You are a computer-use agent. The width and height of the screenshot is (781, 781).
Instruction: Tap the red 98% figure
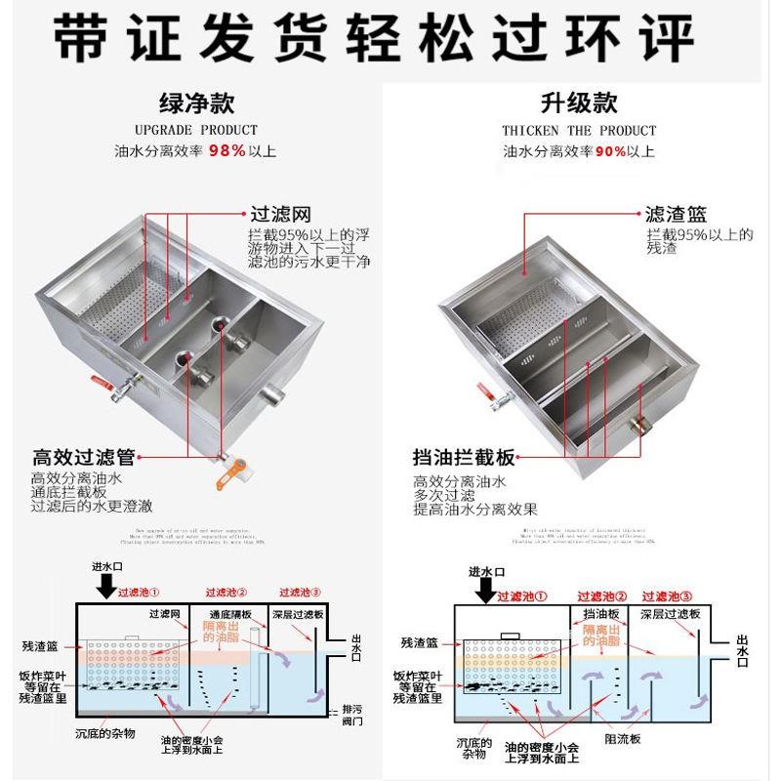226,151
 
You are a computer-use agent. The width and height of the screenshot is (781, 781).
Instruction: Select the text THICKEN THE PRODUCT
579,130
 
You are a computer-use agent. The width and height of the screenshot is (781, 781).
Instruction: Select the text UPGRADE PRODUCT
196,130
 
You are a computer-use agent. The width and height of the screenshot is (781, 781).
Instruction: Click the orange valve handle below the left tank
230,476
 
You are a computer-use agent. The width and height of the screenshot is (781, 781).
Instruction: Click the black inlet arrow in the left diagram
106,586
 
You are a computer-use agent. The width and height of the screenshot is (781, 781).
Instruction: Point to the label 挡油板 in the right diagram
599,614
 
